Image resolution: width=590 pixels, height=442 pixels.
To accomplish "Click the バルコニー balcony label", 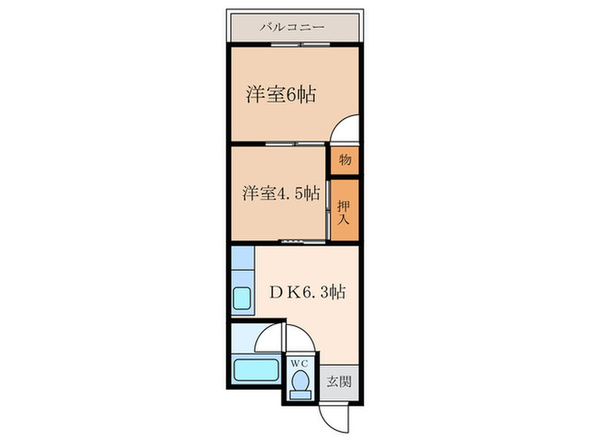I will tap(295, 27).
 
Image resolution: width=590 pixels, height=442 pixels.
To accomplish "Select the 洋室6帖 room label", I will tap(282, 94).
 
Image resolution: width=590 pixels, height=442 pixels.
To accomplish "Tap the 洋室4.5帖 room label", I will tap(282, 193).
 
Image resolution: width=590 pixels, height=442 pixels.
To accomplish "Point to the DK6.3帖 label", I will tap(304, 294).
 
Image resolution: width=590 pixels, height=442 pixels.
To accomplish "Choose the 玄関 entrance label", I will tap(340, 381).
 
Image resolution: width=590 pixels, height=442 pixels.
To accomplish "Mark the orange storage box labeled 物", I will tap(345, 160).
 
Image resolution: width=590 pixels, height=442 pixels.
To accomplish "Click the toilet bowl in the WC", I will tap(299, 383).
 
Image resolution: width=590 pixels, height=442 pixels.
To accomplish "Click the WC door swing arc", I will tap(300, 338).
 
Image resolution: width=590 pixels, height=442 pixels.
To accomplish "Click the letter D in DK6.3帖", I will tap(273, 294).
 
